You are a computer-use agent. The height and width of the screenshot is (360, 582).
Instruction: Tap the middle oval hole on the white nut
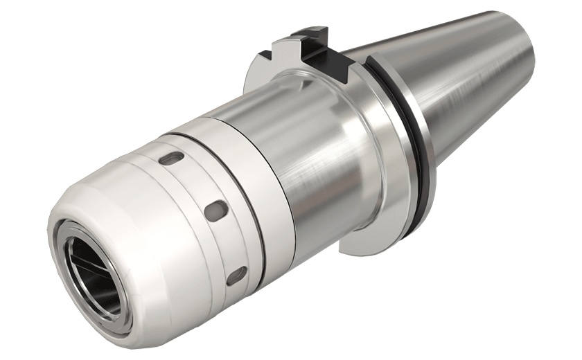click(216, 207)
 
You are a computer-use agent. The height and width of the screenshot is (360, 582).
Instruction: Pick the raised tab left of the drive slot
click(305, 38)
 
